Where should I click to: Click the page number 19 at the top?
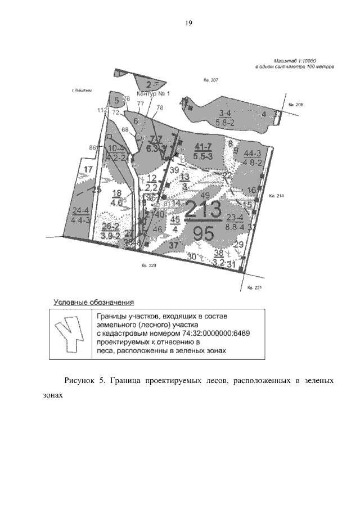click(188, 23)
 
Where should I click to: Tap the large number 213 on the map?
click(203, 213)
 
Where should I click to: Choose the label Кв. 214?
click(277, 196)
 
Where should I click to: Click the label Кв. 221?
click(255, 287)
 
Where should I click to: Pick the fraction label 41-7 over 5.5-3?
click(202, 150)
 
